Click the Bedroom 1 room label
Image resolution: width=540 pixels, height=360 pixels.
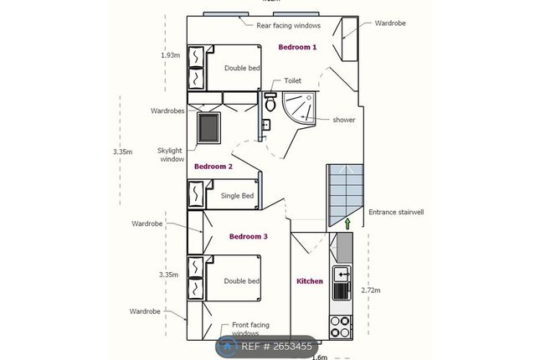(x=297, y=47)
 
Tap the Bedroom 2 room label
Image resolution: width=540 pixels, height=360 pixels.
(x=213, y=167)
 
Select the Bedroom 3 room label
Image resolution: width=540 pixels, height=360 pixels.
(x=249, y=237)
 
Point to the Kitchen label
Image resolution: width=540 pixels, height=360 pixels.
(x=310, y=281)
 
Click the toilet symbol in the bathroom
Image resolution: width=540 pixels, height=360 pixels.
(x=270, y=104)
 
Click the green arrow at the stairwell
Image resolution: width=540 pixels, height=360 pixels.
(x=347, y=223)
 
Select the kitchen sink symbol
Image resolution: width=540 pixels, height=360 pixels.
(x=342, y=273)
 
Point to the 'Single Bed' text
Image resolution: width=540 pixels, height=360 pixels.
(x=237, y=196)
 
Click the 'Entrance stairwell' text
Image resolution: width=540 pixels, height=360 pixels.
(x=397, y=213)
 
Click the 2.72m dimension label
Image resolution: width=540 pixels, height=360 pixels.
(x=370, y=291)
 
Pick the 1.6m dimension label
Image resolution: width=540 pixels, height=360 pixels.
(x=319, y=356)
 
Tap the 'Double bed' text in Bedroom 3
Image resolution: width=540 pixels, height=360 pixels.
(x=243, y=281)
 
